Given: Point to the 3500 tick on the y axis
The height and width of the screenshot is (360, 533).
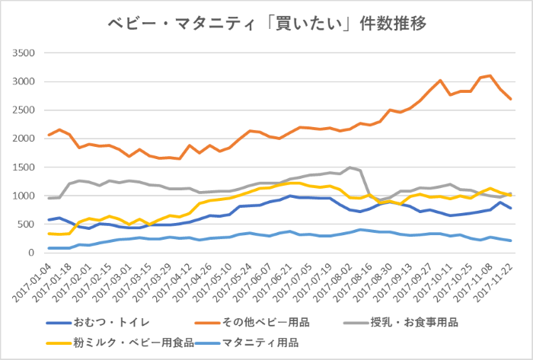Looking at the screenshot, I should click(x=24, y=53).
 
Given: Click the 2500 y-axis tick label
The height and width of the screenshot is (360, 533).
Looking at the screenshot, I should click(x=24, y=110).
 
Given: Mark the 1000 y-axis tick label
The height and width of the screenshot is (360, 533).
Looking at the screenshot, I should click(x=24, y=196).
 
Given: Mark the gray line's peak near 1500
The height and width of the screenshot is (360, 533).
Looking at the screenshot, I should click(x=349, y=167).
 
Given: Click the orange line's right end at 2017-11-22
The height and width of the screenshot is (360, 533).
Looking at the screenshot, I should click(x=510, y=99).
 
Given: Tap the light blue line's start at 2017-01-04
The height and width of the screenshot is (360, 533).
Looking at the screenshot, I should click(x=49, y=248).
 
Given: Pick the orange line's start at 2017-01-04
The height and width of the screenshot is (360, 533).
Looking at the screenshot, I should click(x=49, y=135).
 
